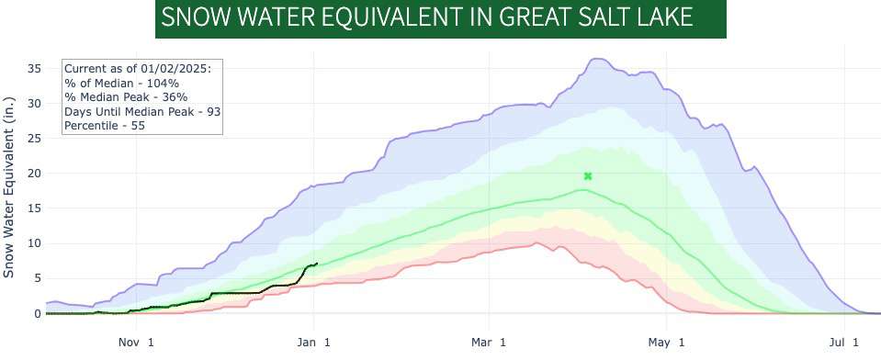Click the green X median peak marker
[588, 175]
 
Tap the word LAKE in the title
[661, 18]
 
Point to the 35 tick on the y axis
[34, 68]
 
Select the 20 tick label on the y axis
[34, 174]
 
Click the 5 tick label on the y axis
[38, 278]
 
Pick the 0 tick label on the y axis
[38, 314]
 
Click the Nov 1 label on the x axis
[137, 343]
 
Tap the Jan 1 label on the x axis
[314, 343]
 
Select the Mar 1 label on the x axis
[489, 343]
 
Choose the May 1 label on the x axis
[667, 343]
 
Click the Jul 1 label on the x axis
[844, 343]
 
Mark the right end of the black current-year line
[317, 264]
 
